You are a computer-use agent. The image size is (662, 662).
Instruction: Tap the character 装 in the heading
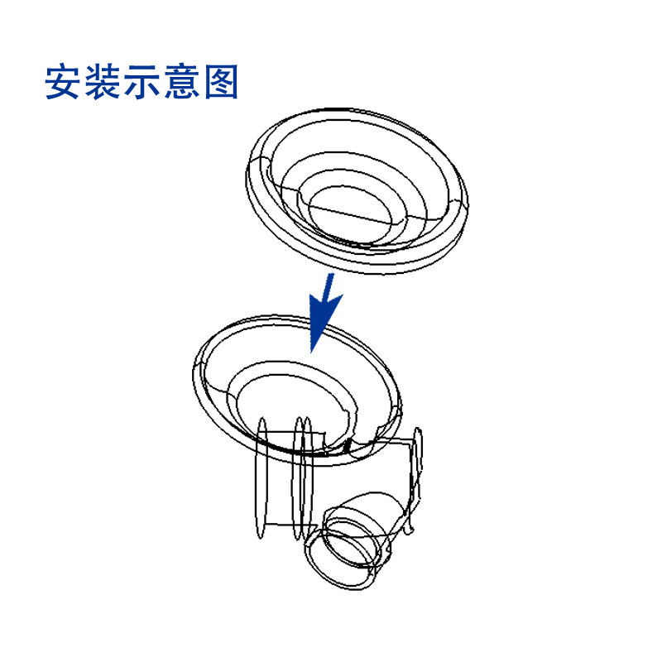click(102, 82)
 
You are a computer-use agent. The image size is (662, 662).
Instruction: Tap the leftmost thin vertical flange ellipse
click(261, 477)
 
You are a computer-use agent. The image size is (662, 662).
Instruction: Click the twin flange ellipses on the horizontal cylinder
click(302, 477)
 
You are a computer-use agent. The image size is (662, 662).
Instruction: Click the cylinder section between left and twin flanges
click(281, 479)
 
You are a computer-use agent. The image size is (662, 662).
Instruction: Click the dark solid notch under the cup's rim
click(348, 445)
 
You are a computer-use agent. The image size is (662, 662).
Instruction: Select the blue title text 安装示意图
click(142, 82)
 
